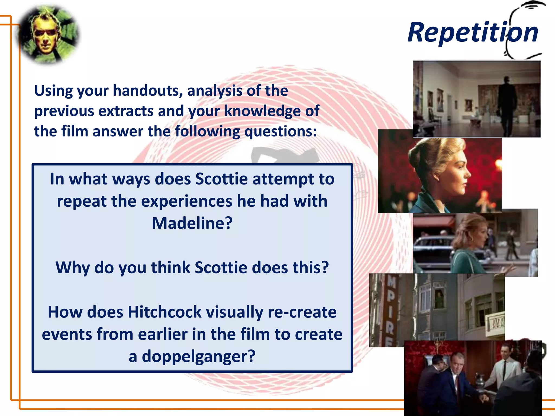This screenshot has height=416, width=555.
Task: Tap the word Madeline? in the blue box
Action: click(x=192, y=223)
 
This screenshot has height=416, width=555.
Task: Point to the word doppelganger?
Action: click(x=198, y=356)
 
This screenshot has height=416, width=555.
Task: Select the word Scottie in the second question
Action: click(x=221, y=268)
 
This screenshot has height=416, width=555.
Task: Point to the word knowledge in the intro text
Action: click(x=262, y=111)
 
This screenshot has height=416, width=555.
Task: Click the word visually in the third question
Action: click(x=234, y=312)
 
